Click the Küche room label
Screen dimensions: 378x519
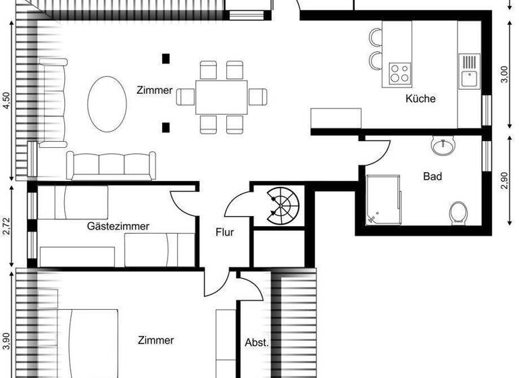point(420,99)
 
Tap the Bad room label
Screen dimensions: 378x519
point(432,177)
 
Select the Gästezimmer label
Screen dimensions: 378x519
point(118,226)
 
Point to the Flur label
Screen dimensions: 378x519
point(224,232)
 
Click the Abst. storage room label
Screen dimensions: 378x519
point(256,342)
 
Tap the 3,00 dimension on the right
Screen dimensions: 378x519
point(503,73)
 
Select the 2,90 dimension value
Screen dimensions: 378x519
point(503,181)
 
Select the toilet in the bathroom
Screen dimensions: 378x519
point(458,211)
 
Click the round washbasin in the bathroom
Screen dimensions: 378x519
point(442,144)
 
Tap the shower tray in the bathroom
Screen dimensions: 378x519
point(383,198)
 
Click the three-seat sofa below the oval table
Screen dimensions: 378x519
point(110,165)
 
